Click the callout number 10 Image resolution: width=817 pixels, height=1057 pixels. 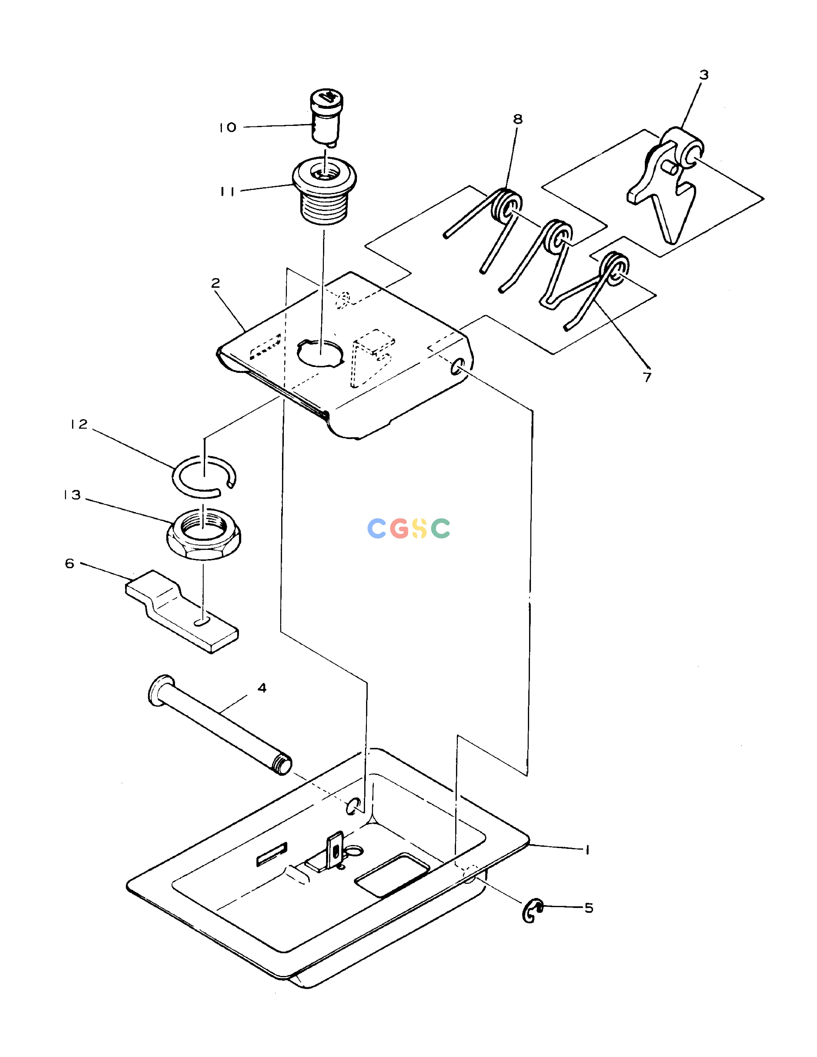227,128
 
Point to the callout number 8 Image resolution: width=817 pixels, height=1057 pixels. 518,119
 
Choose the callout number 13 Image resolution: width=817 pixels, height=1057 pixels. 72,495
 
